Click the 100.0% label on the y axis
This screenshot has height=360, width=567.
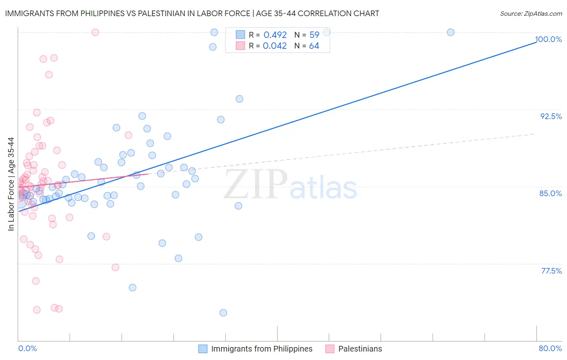549,40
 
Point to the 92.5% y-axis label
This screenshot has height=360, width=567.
551,116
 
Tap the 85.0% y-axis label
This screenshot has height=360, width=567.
550,193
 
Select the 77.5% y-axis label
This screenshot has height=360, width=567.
551,271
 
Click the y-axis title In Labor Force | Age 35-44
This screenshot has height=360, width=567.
11,184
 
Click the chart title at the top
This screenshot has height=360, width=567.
192,14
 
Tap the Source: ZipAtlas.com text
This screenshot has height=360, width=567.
531,14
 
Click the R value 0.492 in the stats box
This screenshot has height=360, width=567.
275,35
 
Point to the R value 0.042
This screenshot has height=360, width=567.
275,46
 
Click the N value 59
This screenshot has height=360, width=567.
314,35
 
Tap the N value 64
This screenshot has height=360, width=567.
314,46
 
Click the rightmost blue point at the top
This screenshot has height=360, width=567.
450,32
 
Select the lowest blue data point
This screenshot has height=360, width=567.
223,313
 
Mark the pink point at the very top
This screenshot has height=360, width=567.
95,32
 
